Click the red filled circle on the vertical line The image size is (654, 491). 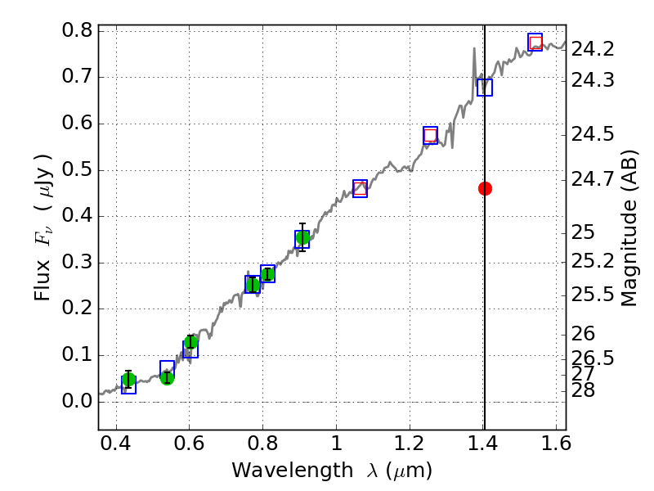(x=485, y=188)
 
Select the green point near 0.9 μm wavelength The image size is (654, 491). (x=302, y=238)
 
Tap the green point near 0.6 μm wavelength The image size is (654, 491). (x=190, y=342)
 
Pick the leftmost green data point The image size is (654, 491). (x=128, y=380)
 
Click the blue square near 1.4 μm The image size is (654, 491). (x=485, y=88)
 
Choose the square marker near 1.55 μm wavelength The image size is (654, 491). (x=535, y=43)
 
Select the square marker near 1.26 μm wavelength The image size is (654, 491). (x=431, y=136)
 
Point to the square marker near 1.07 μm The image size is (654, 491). (x=360, y=188)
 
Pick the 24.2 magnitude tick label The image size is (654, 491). (x=593, y=49)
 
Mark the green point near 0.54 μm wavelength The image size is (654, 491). (x=167, y=377)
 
